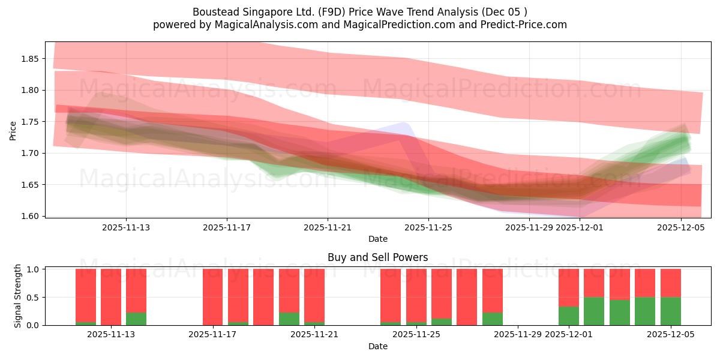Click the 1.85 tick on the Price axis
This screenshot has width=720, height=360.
click(30, 59)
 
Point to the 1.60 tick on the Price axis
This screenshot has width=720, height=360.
click(30, 216)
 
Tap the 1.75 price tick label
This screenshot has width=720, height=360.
click(30, 122)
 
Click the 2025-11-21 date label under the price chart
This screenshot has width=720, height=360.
click(328, 227)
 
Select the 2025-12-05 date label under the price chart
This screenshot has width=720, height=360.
click(680, 227)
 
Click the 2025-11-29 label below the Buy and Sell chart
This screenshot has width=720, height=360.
click(518, 335)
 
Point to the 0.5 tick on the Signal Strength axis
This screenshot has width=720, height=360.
click(33, 297)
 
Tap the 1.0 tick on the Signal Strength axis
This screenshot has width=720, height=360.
click(33, 269)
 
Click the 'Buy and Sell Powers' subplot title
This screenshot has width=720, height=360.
click(377, 257)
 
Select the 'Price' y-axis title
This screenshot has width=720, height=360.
click(14, 131)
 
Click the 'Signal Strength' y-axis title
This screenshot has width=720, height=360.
click(18, 296)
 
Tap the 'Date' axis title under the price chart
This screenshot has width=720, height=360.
click(377, 239)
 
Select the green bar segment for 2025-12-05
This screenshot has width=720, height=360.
click(671, 311)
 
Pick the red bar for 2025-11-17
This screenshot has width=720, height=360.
click(213, 296)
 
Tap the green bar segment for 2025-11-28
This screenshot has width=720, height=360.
click(493, 319)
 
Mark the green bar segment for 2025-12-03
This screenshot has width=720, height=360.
click(620, 312)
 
